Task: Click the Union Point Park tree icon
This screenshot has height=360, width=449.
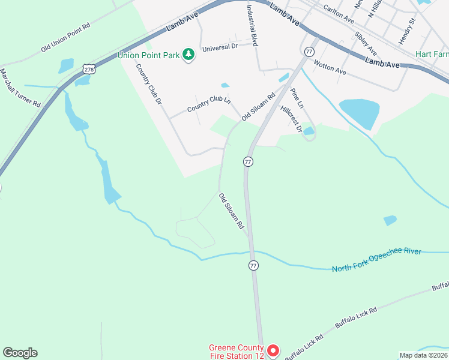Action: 189,55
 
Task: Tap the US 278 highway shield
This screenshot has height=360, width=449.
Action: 89,70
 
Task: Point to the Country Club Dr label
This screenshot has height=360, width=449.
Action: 149,85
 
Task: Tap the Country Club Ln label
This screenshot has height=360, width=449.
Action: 208,104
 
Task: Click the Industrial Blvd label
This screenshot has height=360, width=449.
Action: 252,26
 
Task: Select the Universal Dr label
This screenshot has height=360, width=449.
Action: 220,47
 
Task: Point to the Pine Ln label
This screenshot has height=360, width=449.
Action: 297,98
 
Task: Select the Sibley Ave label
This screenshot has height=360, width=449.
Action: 366,43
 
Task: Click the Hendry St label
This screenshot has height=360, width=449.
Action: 407,31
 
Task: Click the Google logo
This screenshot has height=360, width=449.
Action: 20,353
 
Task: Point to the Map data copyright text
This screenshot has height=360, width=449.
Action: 424,355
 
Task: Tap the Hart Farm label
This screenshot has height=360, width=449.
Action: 432,53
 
